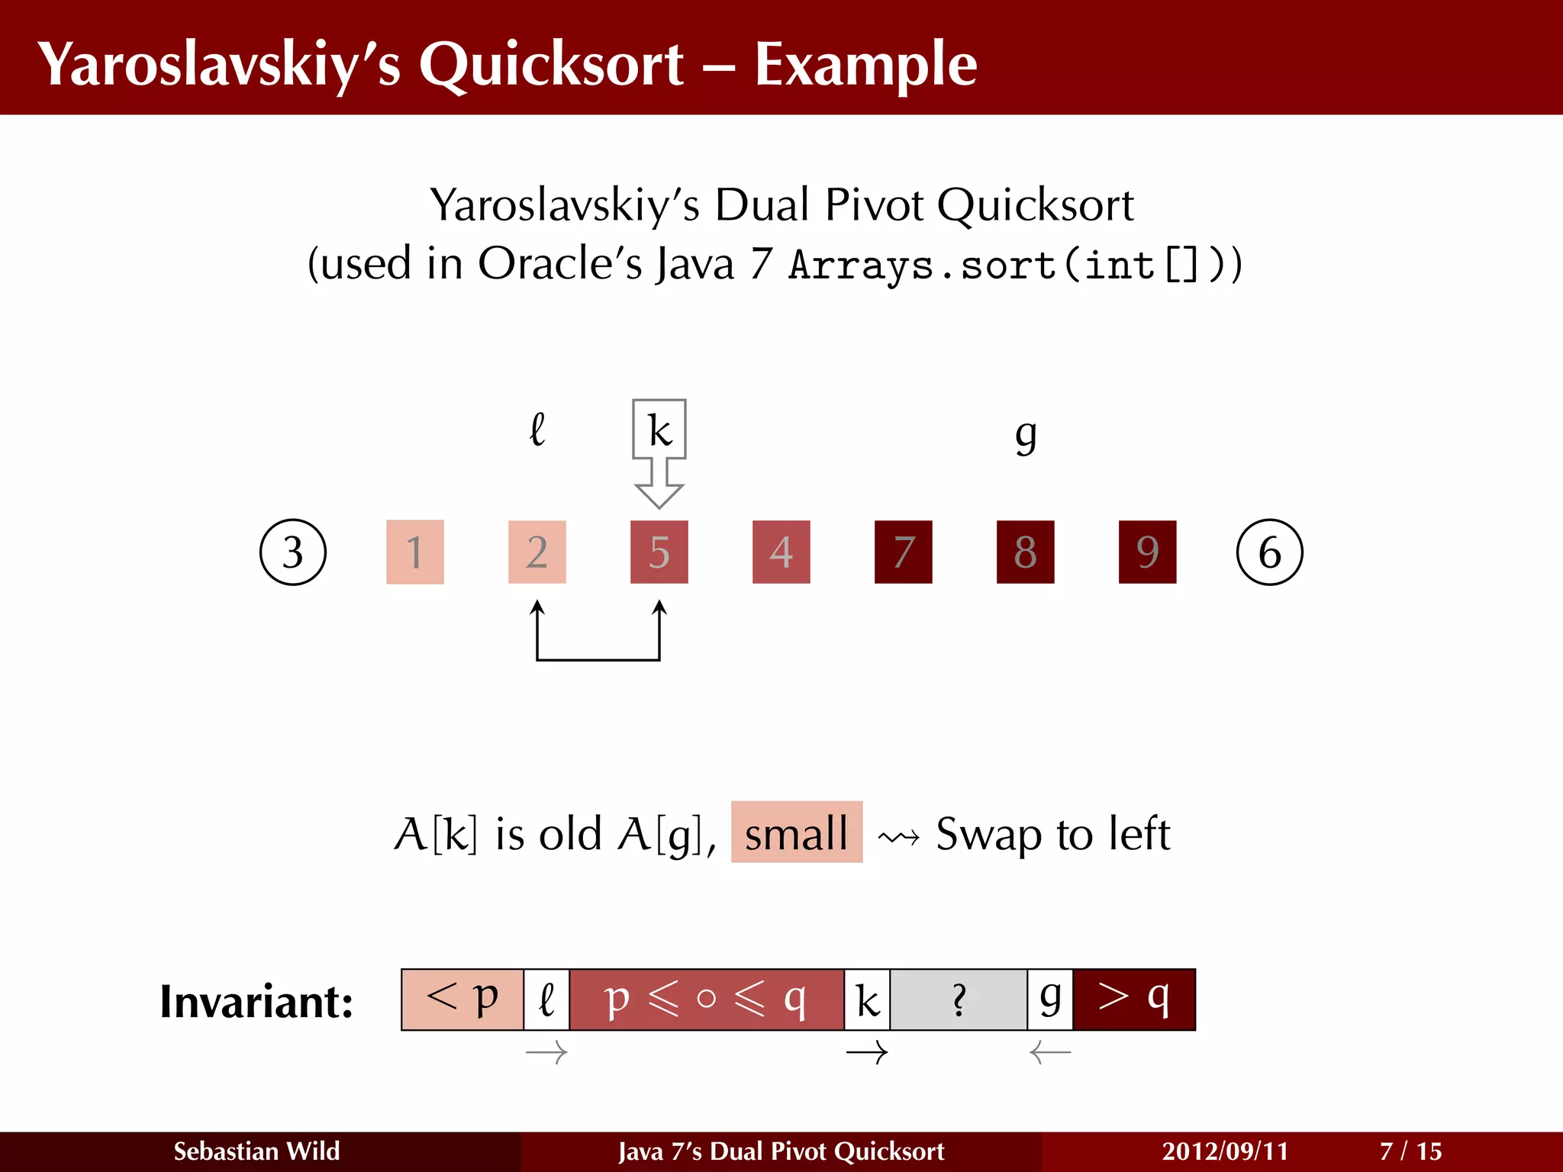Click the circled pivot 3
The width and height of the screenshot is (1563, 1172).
point(293,552)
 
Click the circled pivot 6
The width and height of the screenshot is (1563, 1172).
point(1269,552)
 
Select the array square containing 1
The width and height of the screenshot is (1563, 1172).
point(415,552)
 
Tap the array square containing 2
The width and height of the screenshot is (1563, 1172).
point(537,552)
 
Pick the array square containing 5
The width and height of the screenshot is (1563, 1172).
point(659,552)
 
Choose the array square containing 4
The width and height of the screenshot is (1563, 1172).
point(781,552)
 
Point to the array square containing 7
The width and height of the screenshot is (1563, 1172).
point(904,552)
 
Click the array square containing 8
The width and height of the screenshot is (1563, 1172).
point(1026,552)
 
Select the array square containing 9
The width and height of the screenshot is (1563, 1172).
point(1148,552)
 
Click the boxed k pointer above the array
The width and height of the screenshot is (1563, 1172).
point(659,430)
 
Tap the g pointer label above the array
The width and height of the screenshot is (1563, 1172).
point(1026,435)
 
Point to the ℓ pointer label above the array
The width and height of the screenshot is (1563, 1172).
point(537,429)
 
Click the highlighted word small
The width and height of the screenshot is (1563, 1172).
point(797,832)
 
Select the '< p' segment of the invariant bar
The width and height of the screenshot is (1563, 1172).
point(462,1000)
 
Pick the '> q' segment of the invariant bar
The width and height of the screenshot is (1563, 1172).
point(1134,1000)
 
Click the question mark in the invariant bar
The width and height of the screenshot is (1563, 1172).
point(959,1000)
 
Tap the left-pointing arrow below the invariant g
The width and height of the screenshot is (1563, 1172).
point(1050,1054)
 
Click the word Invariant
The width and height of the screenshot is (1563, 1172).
point(256,1001)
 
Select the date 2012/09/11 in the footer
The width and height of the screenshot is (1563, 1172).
point(1225,1151)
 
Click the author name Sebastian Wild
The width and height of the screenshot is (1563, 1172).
point(256,1151)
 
